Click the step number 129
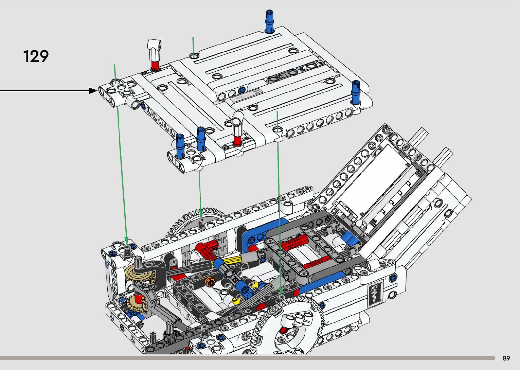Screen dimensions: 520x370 (x=36, y=56)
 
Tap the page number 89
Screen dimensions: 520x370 (x=506, y=358)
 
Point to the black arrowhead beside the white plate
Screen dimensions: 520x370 (x=93, y=91)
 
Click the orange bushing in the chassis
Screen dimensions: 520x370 (x=210, y=282)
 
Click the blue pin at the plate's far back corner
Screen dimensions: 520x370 (x=269, y=21)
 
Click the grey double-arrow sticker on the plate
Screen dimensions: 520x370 (x=240, y=98)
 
